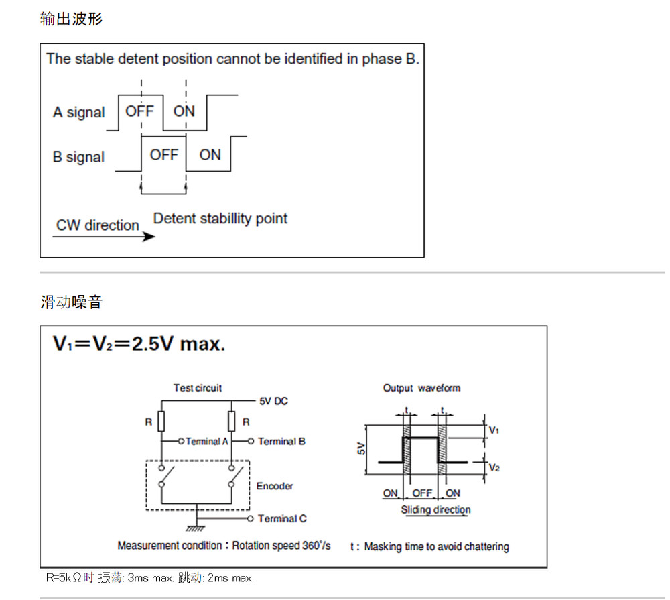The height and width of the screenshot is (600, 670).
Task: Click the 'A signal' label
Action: pos(78,113)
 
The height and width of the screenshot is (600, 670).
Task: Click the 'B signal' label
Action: pos(78,157)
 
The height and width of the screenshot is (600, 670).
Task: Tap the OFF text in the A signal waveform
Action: pos(139,111)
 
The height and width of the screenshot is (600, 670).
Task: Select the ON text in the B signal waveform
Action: pos(210,155)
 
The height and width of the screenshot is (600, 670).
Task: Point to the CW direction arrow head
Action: pos(149,236)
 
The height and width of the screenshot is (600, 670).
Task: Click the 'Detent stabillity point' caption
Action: pos(220,219)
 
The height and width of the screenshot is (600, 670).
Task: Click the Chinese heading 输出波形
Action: pos(72,19)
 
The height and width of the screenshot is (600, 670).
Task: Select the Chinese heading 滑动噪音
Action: pos(72,302)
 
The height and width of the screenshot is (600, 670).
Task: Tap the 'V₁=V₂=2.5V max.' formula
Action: pos(139,343)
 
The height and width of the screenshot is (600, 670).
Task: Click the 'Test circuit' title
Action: pos(198,388)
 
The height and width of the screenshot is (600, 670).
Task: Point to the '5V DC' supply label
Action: pos(273,401)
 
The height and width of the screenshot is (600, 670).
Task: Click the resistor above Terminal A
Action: pos(161,421)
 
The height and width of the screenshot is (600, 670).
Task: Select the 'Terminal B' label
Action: pos(281,441)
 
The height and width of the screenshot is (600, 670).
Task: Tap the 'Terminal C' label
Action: pos(282,518)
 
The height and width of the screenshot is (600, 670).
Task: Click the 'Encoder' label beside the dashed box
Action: pos(275,486)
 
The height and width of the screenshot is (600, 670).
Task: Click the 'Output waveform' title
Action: pos(421,388)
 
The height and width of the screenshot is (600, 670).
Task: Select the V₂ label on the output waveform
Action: pos(494,467)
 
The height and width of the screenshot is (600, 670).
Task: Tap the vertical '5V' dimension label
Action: pos(361,448)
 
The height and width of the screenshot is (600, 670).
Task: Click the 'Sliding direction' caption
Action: pos(435,509)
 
